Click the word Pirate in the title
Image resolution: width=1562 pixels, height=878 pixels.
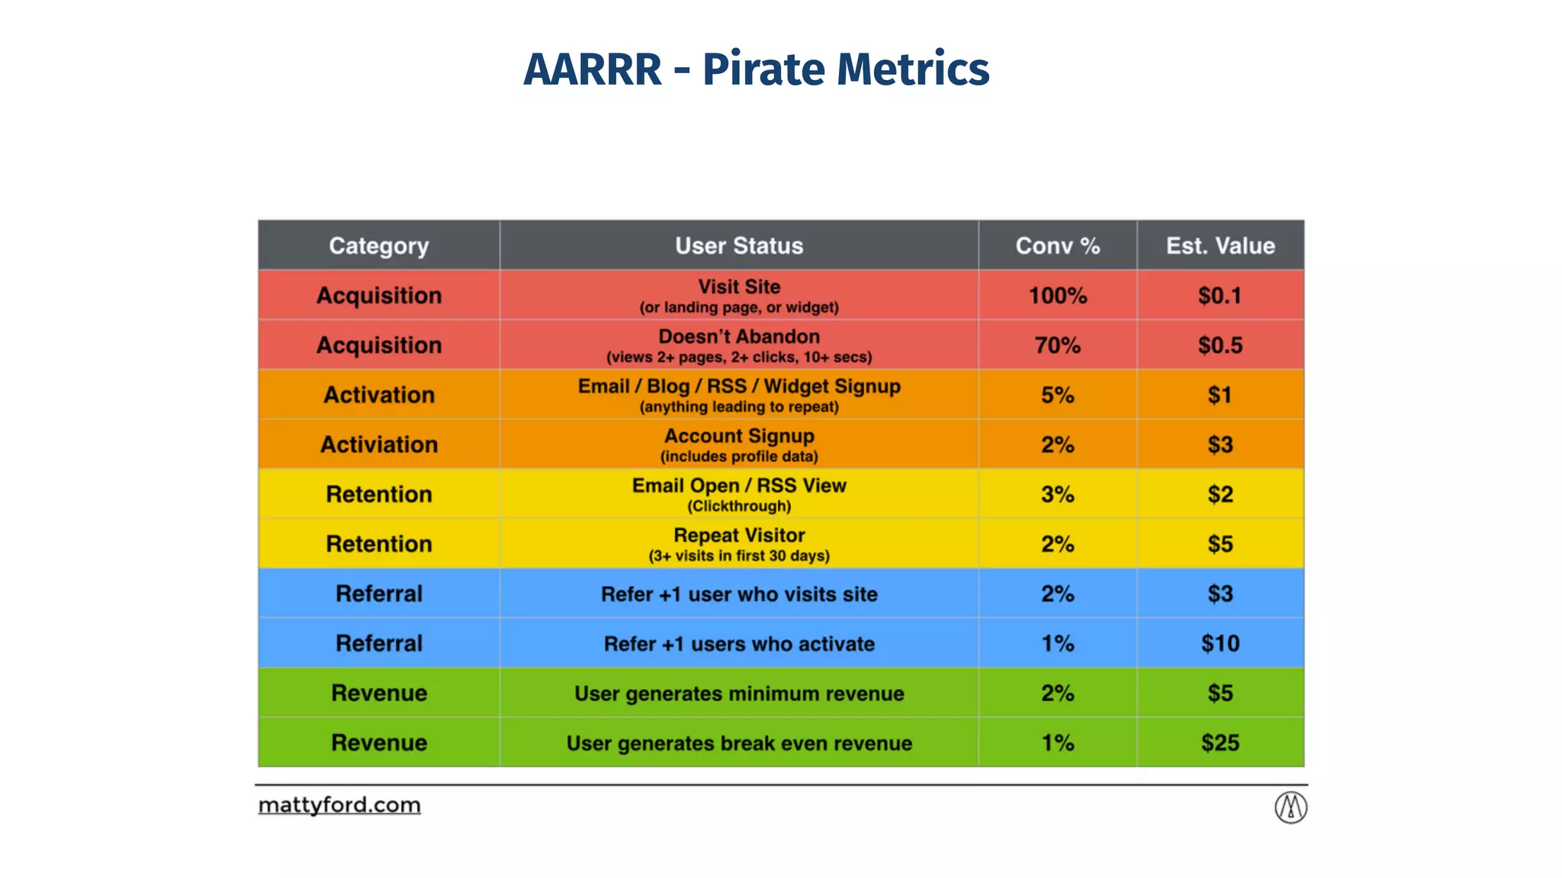tap(763, 70)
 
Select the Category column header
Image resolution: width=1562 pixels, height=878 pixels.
tap(378, 245)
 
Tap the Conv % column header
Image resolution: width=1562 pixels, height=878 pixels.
tap(1057, 245)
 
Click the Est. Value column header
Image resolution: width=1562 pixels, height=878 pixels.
tap(1220, 245)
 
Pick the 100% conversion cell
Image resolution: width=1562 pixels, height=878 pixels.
tap(1057, 295)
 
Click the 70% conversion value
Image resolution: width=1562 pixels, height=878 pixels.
tap(1057, 345)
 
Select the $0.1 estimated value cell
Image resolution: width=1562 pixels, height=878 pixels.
tap(1220, 295)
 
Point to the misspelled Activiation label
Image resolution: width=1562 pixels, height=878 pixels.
tap(378, 444)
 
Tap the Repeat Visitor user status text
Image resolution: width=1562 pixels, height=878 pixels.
tap(738, 536)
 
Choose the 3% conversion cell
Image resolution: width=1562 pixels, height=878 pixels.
tap(1057, 494)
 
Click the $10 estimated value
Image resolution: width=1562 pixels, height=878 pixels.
tap(1220, 643)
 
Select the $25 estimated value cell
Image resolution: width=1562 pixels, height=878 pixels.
tap(1220, 742)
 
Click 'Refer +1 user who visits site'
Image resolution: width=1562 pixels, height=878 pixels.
tap(738, 594)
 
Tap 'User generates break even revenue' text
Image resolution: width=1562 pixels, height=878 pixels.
tap(738, 743)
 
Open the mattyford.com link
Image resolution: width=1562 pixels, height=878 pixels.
tap(339, 805)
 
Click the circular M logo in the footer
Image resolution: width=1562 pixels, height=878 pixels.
tap(1290, 807)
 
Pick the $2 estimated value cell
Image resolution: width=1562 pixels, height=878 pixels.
tap(1220, 494)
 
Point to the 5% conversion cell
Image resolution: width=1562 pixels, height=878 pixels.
tap(1057, 395)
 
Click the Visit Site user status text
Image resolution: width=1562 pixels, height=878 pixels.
tap(738, 287)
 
